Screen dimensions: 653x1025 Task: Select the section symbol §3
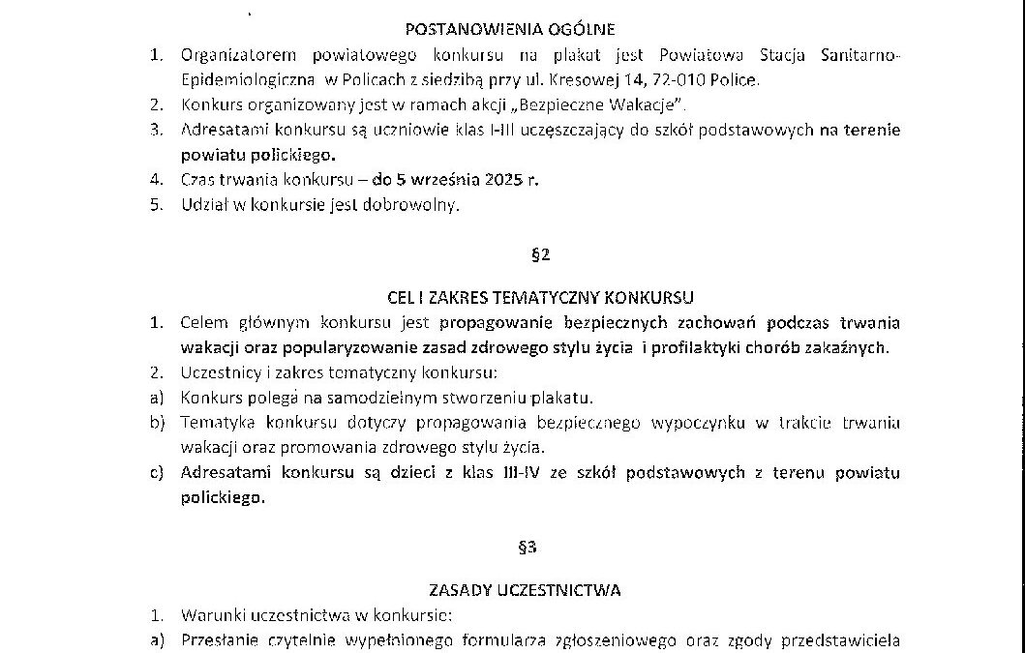click(x=528, y=548)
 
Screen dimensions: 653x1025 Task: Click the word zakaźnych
click(x=852, y=347)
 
